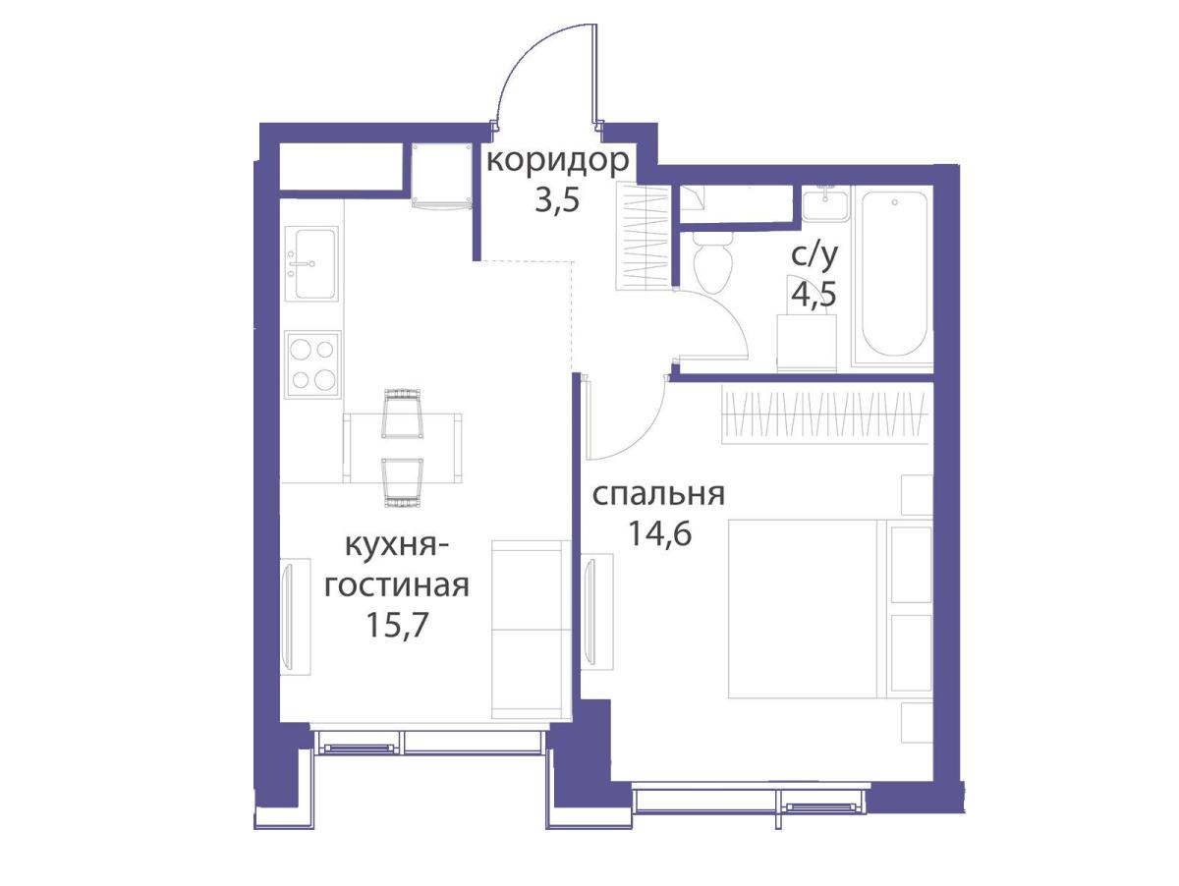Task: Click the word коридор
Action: (557, 160)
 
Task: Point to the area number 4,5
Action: (814, 295)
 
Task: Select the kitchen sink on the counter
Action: (312, 263)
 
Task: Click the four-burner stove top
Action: (312, 362)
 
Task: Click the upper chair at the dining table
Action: (402, 414)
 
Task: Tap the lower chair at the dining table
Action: (402, 481)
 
